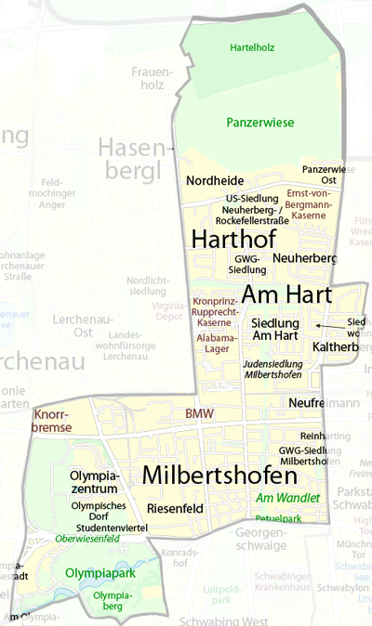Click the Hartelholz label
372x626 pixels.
[251, 46]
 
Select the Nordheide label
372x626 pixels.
[214, 180]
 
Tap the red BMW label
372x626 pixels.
[198, 413]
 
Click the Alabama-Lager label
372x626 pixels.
[217, 345]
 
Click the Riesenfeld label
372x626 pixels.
[174, 508]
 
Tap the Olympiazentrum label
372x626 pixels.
[93, 482]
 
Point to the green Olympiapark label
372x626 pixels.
[93, 573]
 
